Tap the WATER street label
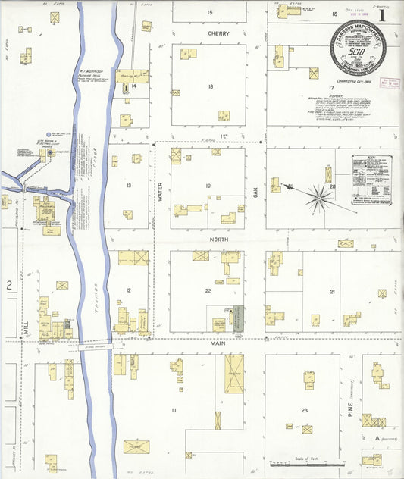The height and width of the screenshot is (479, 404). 160,194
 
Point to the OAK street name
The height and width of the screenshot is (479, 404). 256,194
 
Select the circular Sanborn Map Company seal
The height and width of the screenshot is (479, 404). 358,45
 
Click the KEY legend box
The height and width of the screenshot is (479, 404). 371,180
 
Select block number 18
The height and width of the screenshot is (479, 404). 210,87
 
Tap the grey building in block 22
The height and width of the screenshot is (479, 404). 237,317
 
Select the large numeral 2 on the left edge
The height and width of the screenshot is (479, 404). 9,285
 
